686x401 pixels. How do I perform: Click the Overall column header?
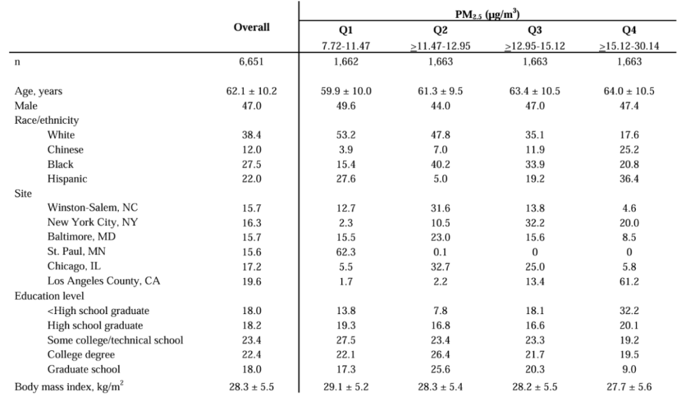pos(252,27)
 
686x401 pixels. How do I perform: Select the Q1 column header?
pos(346,30)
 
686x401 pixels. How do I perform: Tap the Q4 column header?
pos(629,30)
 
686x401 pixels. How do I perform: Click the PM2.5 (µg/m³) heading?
pos(487,15)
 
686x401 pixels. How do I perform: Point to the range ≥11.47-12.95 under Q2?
pos(440,46)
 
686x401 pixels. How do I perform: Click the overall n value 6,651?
pos(251,62)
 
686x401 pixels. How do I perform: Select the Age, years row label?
pos(39,91)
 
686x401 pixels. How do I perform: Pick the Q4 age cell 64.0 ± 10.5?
pos(629,91)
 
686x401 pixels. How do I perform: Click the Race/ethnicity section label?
pos(46,120)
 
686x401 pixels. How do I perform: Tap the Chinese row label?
pos(65,149)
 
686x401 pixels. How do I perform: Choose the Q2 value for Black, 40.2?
pos(440,164)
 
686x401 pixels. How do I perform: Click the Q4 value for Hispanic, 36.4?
pos(629,179)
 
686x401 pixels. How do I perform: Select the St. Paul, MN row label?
pos(77,252)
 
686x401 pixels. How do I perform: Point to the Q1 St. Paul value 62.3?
pos(346,252)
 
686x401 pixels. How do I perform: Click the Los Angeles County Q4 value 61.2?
pos(629,281)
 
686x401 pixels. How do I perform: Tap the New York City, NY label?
pos(92,222)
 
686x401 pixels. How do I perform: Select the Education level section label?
pos(49,296)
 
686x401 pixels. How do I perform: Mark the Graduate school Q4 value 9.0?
pos(629,369)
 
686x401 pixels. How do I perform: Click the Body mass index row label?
pos(69,386)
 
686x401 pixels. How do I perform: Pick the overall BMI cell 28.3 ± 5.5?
pos(251,387)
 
